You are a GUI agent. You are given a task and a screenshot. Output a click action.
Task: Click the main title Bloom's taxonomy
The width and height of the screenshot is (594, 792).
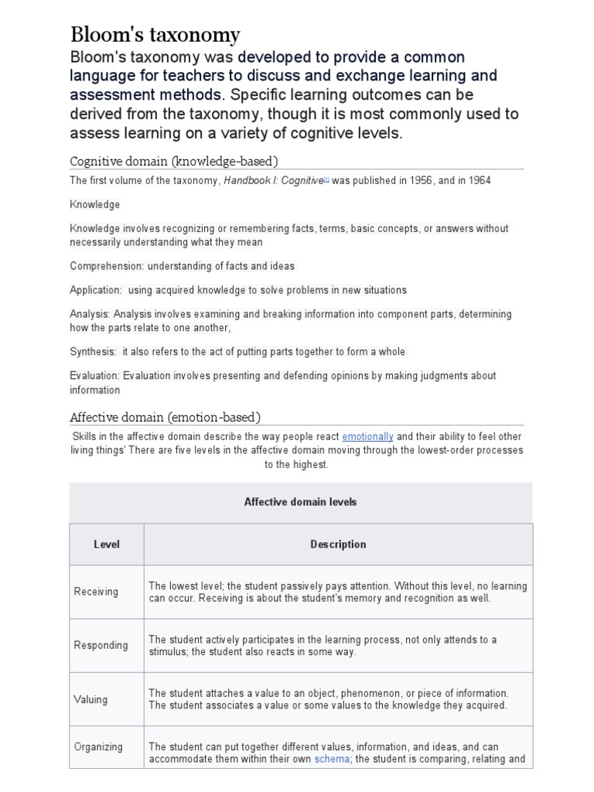click(155, 35)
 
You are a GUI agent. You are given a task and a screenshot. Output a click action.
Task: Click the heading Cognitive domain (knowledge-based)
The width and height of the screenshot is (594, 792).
click(174, 161)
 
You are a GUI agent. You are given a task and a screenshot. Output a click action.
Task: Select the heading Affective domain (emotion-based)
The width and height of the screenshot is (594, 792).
click(166, 417)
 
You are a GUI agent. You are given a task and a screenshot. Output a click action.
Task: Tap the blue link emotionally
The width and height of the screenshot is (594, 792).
click(367, 437)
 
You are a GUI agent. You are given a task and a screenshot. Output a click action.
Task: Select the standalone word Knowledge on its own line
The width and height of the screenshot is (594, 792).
click(94, 205)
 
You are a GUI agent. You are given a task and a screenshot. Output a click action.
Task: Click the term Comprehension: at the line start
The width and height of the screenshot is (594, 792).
click(104, 266)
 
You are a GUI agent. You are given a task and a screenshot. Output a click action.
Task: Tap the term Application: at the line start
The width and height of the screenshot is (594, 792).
click(96, 290)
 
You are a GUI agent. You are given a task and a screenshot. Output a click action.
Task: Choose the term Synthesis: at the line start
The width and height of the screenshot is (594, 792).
click(93, 352)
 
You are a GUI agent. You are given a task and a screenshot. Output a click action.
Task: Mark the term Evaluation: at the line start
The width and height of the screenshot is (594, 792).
click(94, 376)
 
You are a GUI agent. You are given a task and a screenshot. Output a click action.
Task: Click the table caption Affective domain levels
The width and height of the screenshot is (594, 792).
click(300, 502)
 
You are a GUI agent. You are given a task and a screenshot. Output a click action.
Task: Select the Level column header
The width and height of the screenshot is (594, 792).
click(107, 544)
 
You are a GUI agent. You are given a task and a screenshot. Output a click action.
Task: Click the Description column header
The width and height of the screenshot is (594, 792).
click(338, 544)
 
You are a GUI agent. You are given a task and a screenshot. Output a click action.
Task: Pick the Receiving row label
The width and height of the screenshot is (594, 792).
click(96, 592)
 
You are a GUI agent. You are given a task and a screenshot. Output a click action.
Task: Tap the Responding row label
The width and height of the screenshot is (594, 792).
click(101, 646)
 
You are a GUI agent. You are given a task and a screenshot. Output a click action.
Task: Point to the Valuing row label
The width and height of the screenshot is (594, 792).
click(90, 700)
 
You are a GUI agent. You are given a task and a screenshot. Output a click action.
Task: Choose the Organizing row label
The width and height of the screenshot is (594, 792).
click(98, 747)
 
